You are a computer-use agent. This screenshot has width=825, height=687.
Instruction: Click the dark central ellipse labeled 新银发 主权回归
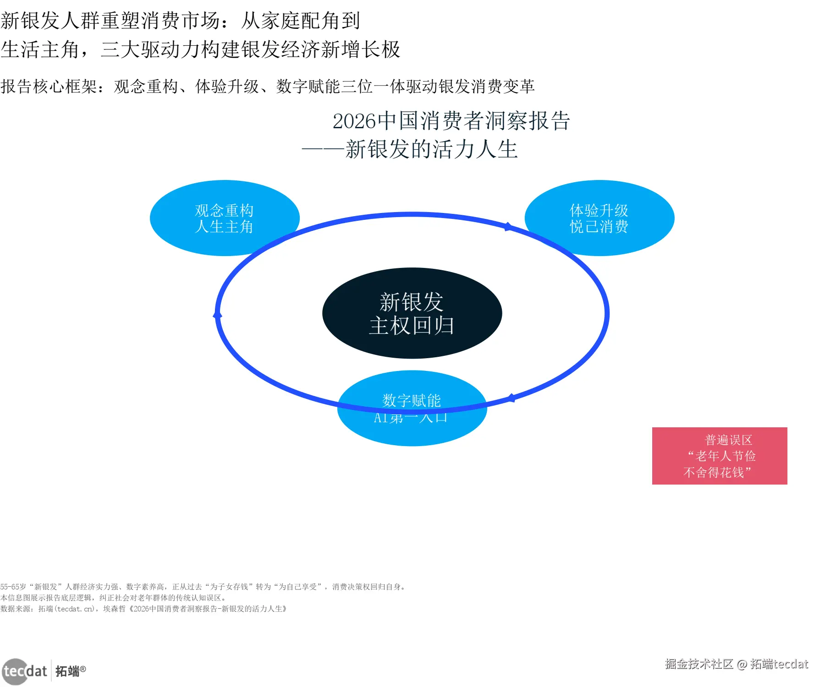point(412,313)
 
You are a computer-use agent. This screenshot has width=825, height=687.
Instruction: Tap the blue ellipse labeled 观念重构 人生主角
point(224,218)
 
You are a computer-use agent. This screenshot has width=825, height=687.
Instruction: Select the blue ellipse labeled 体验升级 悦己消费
point(599,218)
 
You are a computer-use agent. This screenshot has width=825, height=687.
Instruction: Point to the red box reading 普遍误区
point(719,456)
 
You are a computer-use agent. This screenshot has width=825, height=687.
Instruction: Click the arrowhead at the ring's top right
point(507,226)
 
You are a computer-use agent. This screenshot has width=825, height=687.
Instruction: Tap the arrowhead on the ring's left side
point(218,315)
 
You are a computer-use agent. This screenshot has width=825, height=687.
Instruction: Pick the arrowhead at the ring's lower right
point(511,398)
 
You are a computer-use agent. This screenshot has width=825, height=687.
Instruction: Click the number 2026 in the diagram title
point(354,121)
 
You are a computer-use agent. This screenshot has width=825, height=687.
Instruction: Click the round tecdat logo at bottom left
point(16,671)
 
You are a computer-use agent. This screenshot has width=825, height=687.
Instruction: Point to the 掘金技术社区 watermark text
point(699,664)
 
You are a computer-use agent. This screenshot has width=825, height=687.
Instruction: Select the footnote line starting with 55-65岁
point(203,587)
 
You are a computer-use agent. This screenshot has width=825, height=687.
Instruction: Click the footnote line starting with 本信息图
point(113,598)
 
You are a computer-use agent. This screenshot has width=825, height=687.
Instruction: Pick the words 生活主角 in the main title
point(40,49)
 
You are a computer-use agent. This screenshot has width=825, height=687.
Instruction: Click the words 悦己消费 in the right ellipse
point(599,227)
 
